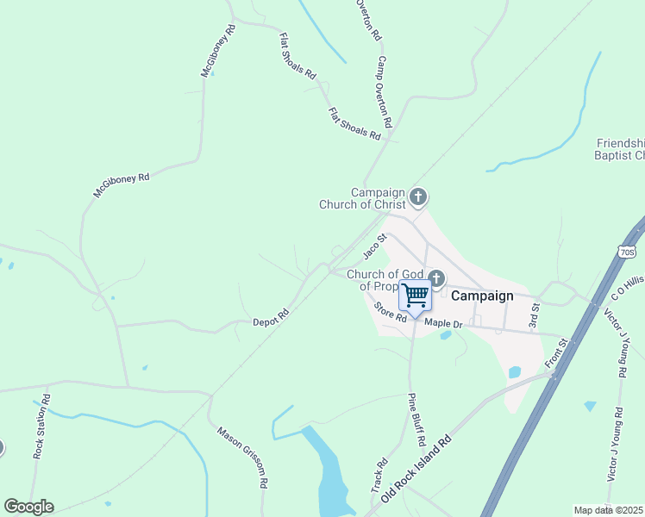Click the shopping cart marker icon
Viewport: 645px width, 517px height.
click(415, 296)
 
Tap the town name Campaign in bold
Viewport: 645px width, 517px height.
click(482, 296)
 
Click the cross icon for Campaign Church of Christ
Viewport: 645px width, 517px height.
click(418, 197)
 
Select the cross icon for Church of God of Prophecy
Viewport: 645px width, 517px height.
click(436, 277)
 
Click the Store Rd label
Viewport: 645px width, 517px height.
click(390, 311)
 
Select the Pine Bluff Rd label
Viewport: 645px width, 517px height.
click(416, 419)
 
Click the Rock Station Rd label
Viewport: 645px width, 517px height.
click(41, 426)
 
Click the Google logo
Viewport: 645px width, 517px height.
click(28, 507)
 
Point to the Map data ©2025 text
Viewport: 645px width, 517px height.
click(609, 510)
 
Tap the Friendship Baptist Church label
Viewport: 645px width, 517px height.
click(620, 149)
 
